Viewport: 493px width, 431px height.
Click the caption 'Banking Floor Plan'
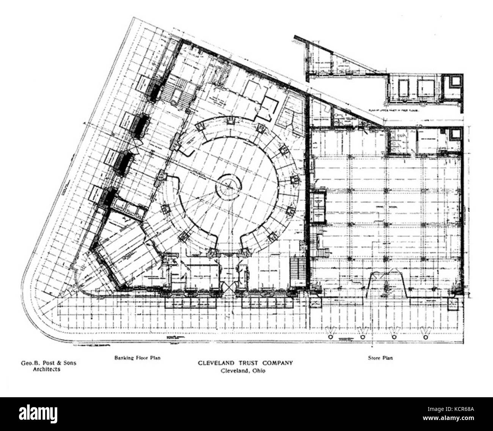tap(137, 358)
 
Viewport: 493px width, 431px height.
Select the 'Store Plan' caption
tap(380, 358)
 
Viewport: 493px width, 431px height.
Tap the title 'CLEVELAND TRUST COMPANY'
tap(245, 363)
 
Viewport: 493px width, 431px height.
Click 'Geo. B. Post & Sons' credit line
tap(48, 363)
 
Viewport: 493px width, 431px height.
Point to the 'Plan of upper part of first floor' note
tap(402, 111)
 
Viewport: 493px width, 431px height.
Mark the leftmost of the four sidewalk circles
tap(330, 337)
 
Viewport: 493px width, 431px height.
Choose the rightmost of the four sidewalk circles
tap(425, 337)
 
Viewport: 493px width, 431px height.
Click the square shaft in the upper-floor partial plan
tap(454, 81)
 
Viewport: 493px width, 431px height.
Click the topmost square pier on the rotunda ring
tap(230, 121)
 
